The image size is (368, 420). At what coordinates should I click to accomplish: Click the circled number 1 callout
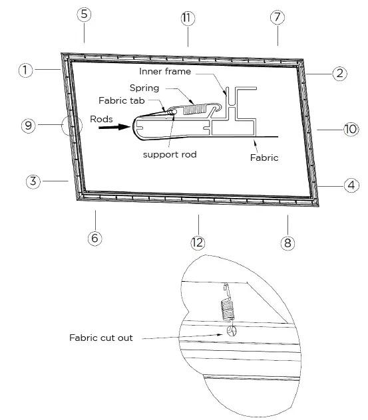(25, 70)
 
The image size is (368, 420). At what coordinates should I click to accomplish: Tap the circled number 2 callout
(339, 73)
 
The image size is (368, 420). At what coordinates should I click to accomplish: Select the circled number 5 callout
(84, 15)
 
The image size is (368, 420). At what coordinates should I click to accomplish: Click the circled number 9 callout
(27, 126)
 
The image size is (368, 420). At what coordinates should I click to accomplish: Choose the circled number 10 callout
(351, 129)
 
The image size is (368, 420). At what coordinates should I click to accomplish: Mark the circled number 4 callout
(349, 186)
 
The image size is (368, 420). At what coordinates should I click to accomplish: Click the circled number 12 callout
(197, 243)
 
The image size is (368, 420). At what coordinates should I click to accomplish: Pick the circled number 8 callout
(287, 243)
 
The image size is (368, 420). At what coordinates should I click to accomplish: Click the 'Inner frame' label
(166, 71)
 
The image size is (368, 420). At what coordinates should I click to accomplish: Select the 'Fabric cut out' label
(101, 338)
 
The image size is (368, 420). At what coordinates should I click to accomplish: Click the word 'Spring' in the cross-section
(145, 87)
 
